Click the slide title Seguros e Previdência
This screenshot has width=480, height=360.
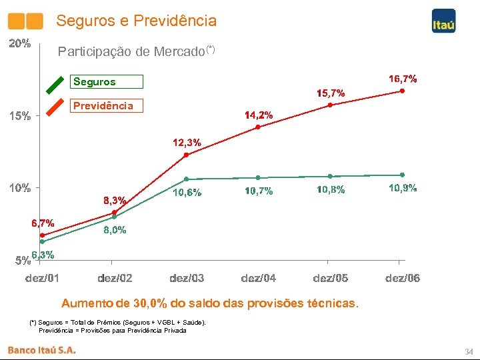pyautogui.click(x=136, y=21)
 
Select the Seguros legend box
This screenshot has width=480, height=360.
pyautogui.click(x=107, y=82)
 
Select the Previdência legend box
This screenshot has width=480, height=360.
pyautogui.click(x=107, y=106)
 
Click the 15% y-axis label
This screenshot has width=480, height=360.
pyautogui.click(x=19, y=116)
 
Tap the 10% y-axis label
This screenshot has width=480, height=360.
pyautogui.click(x=19, y=188)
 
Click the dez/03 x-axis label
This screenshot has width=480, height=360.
pyautogui.click(x=187, y=278)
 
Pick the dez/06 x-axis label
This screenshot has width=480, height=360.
pyautogui.click(x=403, y=278)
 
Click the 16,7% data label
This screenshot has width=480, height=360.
pyautogui.click(x=403, y=79)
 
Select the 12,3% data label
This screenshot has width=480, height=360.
pyautogui.click(x=187, y=143)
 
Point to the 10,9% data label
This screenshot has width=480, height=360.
pyautogui.click(x=403, y=189)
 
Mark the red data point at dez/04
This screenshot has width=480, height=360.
pyautogui.click(x=258, y=127)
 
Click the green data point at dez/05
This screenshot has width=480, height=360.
pyautogui.click(x=330, y=176)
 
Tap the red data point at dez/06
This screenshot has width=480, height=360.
pyautogui.click(x=402, y=91)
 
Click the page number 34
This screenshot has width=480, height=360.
pyautogui.click(x=468, y=351)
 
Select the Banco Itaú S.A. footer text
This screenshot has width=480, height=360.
pyautogui.click(x=41, y=349)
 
